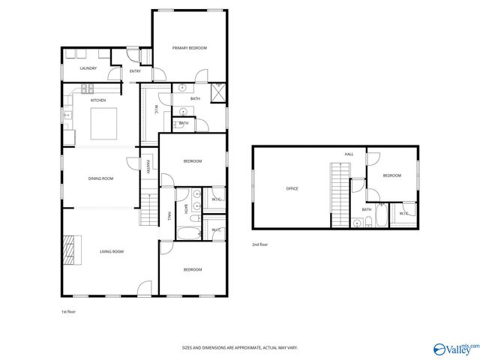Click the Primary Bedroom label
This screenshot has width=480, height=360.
tap(189, 48)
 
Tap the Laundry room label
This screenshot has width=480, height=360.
tap(88, 69)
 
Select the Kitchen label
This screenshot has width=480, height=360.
tap(98, 100)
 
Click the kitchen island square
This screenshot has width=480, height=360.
tap(104, 124)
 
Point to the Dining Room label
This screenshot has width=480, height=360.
tap(100, 178)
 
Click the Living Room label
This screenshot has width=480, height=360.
tap(112, 252)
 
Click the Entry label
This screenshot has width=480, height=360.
tap(135, 71)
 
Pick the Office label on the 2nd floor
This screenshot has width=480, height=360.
tap(292, 189)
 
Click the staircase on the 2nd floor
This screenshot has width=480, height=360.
tap(340, 193)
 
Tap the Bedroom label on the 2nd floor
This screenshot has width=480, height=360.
tap(392, 175)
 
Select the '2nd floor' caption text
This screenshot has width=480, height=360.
tap(259, 244)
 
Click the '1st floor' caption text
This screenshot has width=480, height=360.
tap(69, 311)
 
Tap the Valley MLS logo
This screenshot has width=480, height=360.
tap(455, 349)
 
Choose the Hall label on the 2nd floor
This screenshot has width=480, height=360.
tap(349, 154)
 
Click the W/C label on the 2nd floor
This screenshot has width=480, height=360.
tap(403, 214)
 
